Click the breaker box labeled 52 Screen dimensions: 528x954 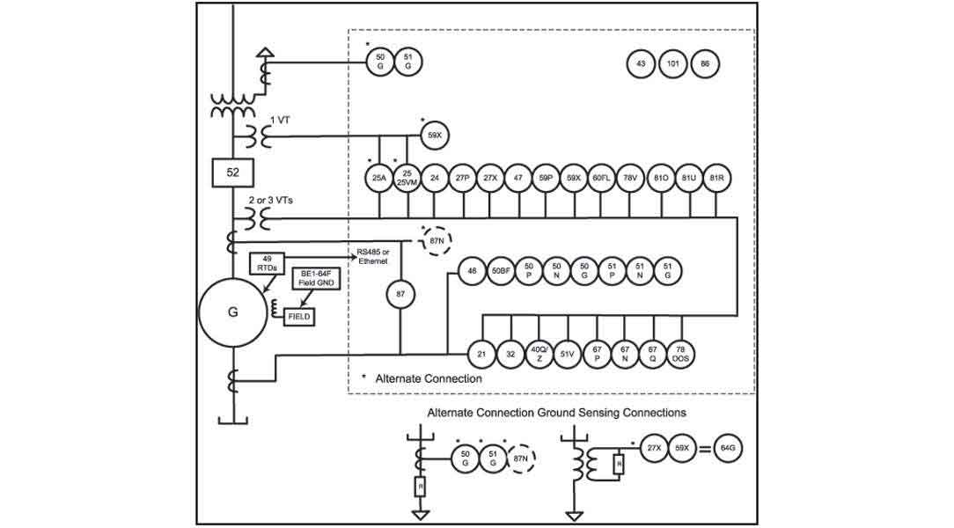tap(233, 173)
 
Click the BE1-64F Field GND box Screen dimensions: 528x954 tap(312, 281)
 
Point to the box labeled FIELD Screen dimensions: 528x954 tap(299, 316)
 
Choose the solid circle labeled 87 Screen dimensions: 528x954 tap(401, 295)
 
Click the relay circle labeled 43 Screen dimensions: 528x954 tap(641, 63)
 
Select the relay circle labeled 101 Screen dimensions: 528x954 tap(672, 63)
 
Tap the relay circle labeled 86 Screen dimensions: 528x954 tap(704, 63)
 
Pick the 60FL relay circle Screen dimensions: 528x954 tap(601, 178)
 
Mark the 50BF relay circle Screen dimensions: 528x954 tap(501, 271)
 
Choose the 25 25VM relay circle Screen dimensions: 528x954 tap(407, 178)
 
